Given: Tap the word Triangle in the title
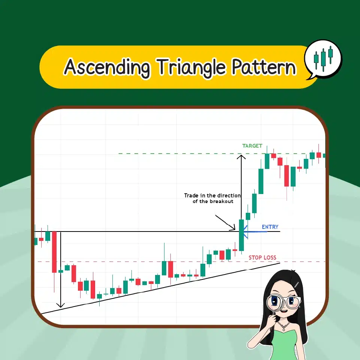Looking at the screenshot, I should pyautogui.click(x=191, y=67).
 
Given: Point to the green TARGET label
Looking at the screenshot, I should pyautogui.click(x=252, y=146).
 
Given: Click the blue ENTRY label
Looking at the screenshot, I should pyautogui.click(x=270, y=227).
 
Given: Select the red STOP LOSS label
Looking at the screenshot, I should pyautogui.click(x=262, y=258).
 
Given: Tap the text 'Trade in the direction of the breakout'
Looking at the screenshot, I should pyautogui.click(x=212, y=198).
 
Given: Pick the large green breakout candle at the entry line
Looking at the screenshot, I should pyautogui.click(x=242, y=235).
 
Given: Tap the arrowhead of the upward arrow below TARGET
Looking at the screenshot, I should pyautogui.click(x=242, y=157).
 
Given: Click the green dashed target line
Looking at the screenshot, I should pyautogui.click(x=180, y=154).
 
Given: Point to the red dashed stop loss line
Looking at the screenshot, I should pyautogui.click(x=150, y=262).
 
